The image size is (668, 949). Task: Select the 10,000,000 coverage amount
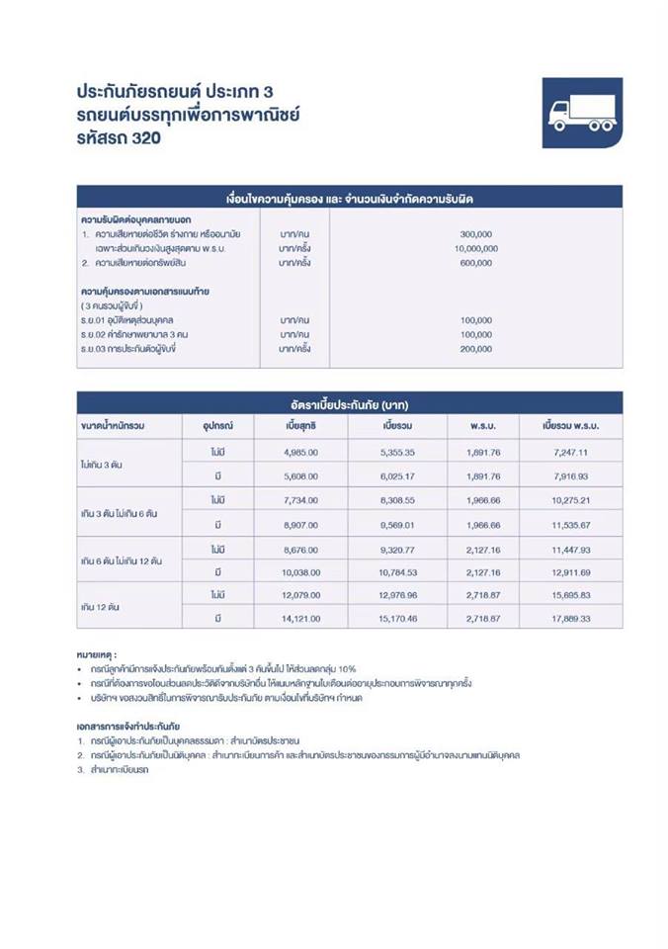click(x=475, y=248)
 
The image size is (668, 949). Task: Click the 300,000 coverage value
click(x=475, y=233)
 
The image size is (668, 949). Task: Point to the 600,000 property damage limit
click(x=475, y=263)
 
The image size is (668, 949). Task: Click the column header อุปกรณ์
click(x=217, y=426)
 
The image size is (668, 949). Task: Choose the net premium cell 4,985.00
click(x=299, y=451)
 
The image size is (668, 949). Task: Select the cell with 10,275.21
click(x=572, y=500)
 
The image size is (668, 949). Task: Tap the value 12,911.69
click(x=572, y=572)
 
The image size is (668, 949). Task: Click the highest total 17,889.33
click(x=572, y=619)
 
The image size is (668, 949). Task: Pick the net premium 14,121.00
click(x=299, y=619)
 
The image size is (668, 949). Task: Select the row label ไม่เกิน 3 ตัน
click(x=102, y=463)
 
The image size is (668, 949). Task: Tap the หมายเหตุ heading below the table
click(x=97, y=654)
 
